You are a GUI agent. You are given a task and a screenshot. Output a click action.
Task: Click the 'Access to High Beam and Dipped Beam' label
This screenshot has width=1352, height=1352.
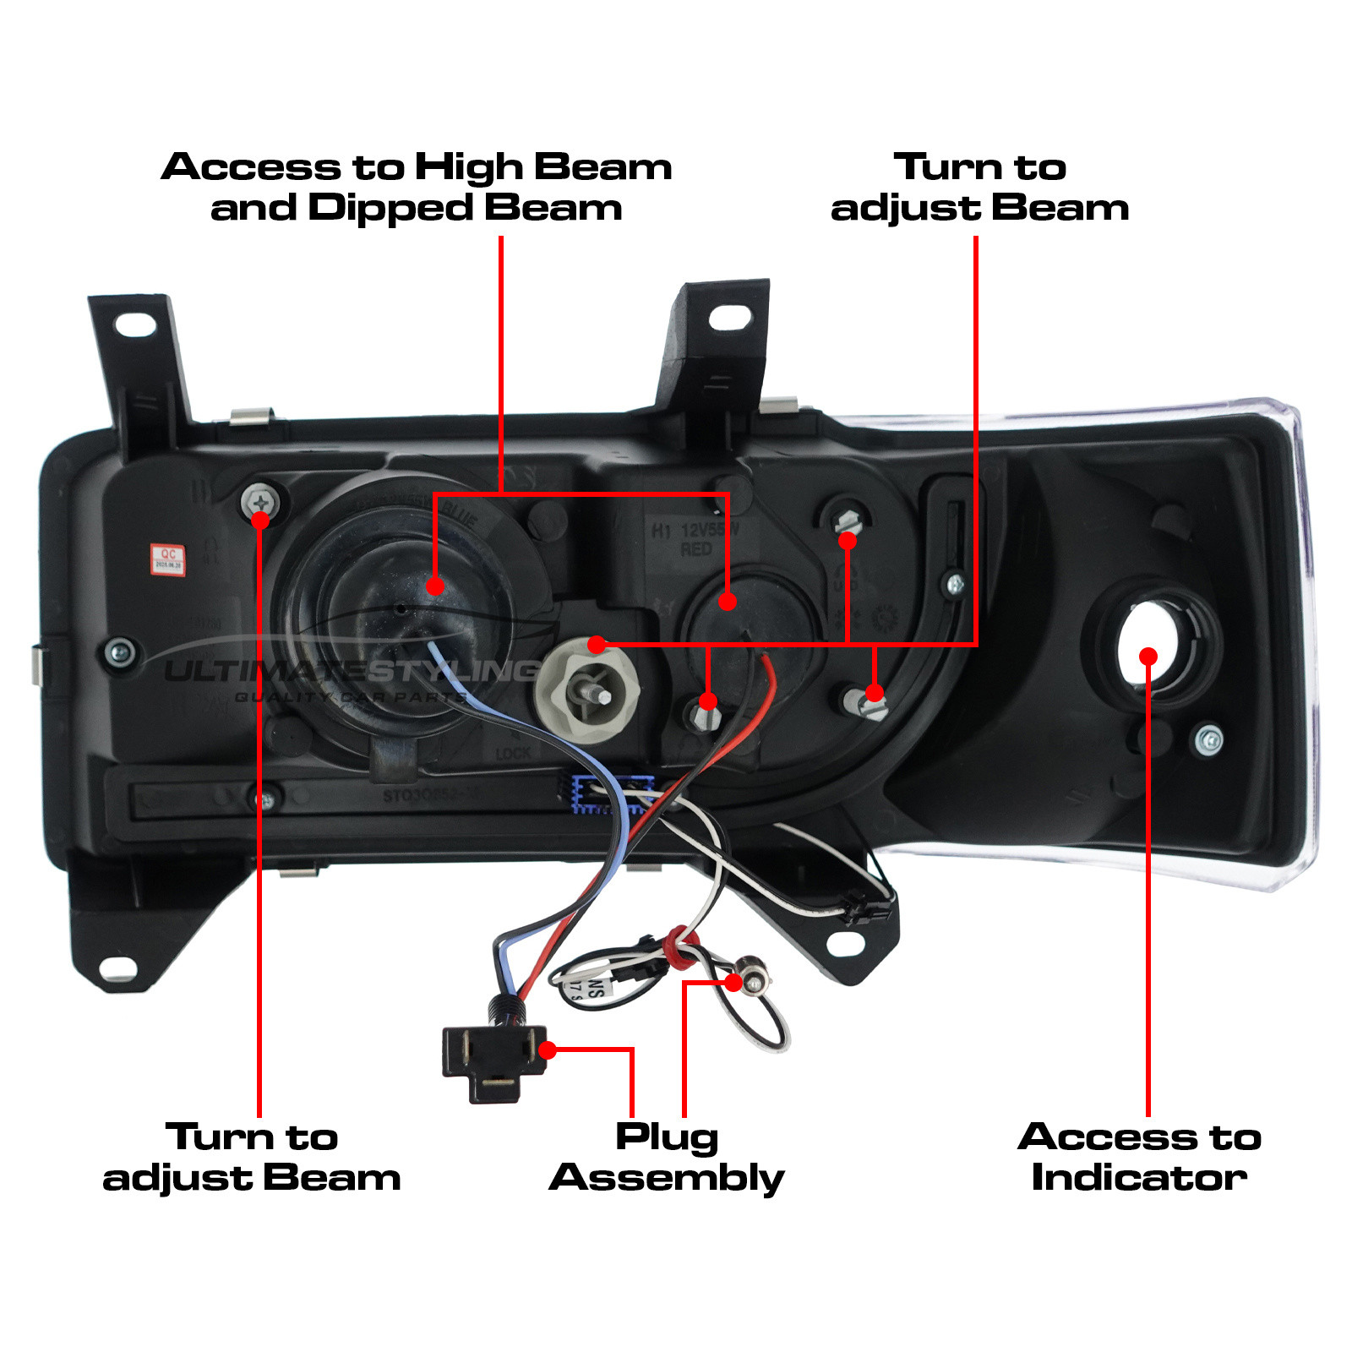tap(417, 187)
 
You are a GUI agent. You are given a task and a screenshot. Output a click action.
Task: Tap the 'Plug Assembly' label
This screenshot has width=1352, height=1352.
tap(667, 1157)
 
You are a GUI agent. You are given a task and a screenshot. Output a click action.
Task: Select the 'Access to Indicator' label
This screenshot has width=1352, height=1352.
tap(1139, 1157)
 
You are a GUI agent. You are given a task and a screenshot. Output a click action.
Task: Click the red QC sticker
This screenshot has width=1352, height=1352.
tap(167, 559)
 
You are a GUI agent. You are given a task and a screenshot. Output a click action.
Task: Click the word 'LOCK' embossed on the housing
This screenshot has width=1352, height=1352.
tap(513, 753)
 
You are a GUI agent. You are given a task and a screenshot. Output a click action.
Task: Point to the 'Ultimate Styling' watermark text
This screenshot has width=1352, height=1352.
tap(351, 673)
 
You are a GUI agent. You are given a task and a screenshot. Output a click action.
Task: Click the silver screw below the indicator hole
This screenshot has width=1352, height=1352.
tap(1209, 739)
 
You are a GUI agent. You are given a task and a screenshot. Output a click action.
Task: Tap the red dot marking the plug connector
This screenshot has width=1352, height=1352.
tap(548, 1050)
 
